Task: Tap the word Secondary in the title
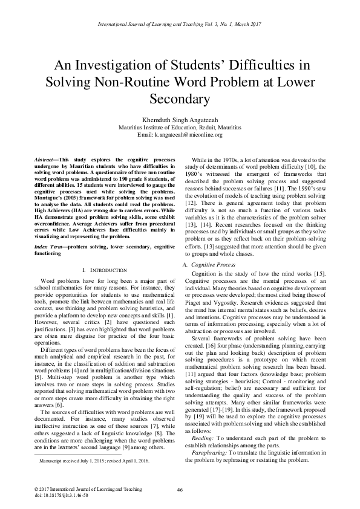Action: click(180, 99)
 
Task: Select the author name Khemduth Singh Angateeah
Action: click(180, 120)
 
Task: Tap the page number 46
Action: click(180, 489)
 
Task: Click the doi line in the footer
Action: click(53, 494)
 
